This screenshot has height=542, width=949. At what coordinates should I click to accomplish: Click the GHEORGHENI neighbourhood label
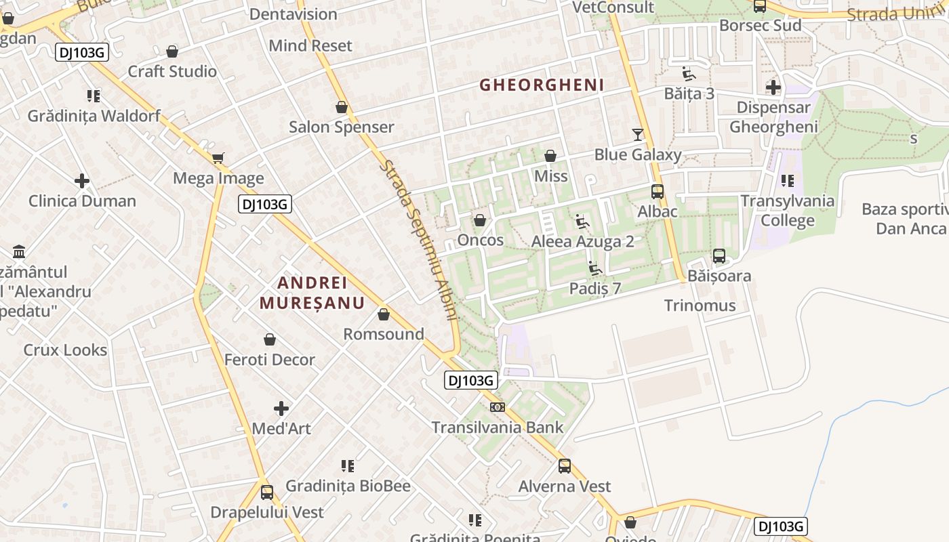542,85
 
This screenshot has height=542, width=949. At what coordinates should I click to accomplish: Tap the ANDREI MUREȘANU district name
312,293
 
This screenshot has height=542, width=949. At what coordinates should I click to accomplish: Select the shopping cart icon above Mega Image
218,159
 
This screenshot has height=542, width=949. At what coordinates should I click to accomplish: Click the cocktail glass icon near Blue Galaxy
637,134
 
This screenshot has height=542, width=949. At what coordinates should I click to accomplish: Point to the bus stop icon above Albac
657,192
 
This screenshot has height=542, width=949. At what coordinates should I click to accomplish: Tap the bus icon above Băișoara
719,256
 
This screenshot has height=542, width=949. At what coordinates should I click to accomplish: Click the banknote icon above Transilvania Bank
498,407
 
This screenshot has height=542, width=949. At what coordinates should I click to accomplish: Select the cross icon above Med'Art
281,409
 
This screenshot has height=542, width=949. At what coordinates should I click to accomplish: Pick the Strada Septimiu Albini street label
419,240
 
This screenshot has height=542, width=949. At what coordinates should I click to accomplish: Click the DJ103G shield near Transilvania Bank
470,380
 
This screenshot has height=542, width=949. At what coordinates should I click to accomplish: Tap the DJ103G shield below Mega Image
264,203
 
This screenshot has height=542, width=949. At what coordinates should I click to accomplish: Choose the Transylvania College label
787,211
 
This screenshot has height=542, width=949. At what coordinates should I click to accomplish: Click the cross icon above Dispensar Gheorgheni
773,87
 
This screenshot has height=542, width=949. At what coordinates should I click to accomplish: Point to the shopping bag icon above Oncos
480,220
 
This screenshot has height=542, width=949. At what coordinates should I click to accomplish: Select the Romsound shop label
384,334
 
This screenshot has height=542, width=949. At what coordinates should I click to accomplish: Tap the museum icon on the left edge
19,251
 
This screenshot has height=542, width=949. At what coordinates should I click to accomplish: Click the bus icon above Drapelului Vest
266,493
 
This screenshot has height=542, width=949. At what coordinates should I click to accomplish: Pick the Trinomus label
700,306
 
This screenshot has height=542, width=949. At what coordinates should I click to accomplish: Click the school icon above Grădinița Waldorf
94,96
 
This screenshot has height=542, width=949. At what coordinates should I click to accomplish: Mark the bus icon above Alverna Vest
564,466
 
